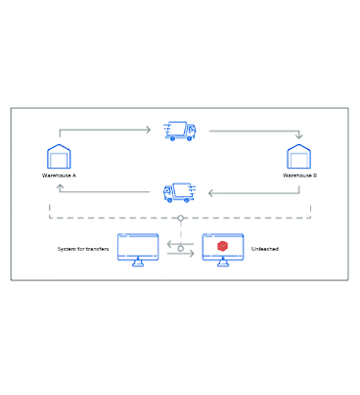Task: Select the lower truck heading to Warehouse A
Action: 180,192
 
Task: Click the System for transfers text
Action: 86,248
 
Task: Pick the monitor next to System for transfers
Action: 137,248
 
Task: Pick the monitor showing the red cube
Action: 222,248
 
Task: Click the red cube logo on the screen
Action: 222,246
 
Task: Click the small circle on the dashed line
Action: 180,218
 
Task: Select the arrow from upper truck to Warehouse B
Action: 254,131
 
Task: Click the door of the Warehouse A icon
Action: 60,162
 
